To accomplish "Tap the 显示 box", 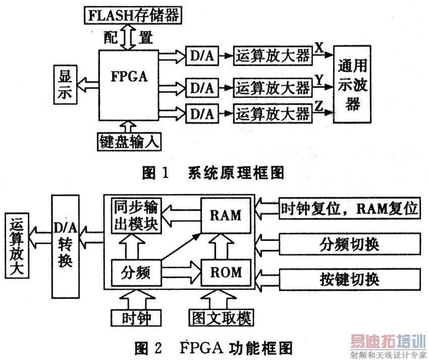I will [65, 85].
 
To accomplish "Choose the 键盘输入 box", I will [129, 142].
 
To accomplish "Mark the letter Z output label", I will [319, 104].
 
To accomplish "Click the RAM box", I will [226, 215].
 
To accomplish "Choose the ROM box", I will [226, 273].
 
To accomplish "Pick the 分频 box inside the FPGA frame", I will [135, 273].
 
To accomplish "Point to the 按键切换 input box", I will [349, 278].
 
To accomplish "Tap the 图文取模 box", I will [220, 317].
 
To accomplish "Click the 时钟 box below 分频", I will [135, 317].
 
